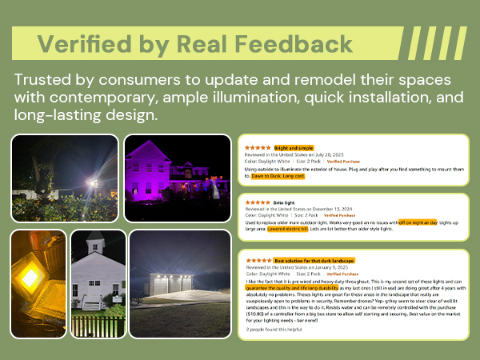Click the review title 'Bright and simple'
pyautogui.click(x=294, y=148)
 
